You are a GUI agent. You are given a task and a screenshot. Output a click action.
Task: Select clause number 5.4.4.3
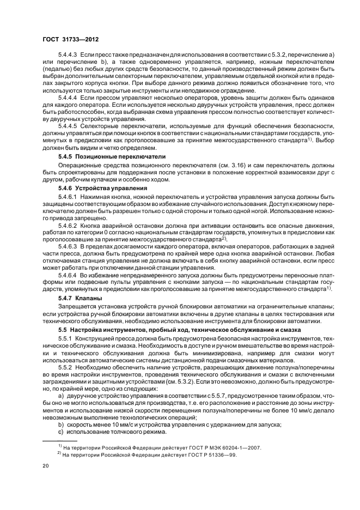[69, 58]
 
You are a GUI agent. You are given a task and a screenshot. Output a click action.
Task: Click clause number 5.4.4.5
[69, 126]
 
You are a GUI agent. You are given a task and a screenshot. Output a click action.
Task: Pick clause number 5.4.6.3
[69, 246]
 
